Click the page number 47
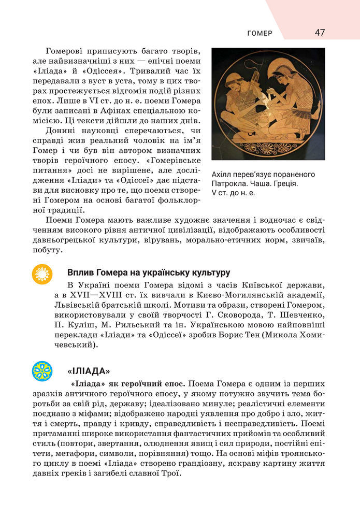tap(320, 33)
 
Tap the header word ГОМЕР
tap(260, 34)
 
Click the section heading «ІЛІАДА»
tap(89, 371)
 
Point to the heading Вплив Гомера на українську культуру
tap(149, 273)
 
